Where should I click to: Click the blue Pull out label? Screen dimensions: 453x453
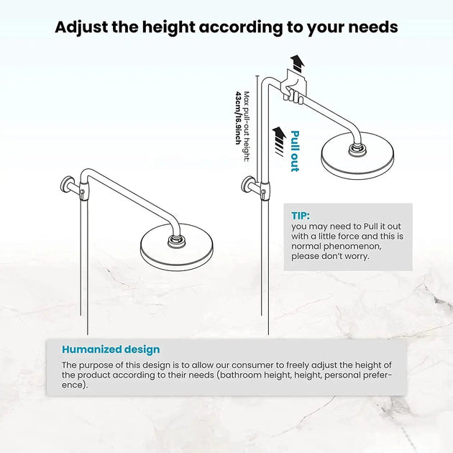click(295, 150)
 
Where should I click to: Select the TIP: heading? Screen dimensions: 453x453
click(301, 215)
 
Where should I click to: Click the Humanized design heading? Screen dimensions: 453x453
click(111, 349)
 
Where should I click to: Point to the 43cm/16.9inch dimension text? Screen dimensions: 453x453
click(238, 118)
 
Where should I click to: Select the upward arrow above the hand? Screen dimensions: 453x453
click(295, 62)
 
